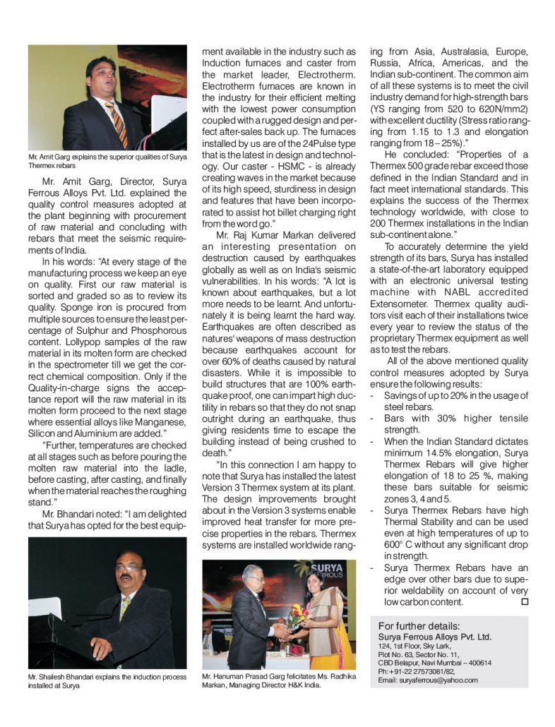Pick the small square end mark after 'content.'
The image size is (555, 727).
(524, 601)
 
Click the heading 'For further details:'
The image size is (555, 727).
(419, 626)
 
